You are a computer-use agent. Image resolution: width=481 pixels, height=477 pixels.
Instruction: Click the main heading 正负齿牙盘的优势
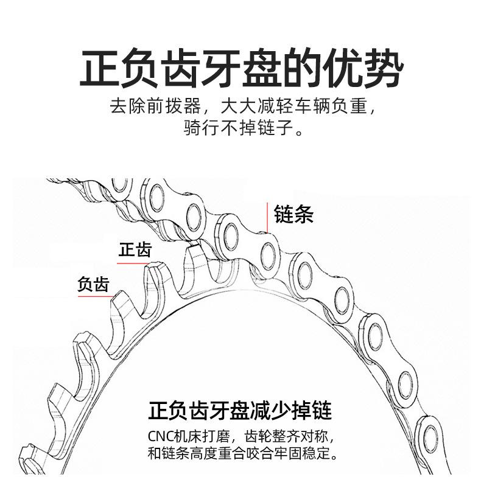click(241, 68)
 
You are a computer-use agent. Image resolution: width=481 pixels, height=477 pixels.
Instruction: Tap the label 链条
click(293, 214)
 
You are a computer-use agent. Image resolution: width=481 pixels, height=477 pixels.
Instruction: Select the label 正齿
click(135, 249)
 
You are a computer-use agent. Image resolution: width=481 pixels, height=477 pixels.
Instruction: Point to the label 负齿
click(93, 284)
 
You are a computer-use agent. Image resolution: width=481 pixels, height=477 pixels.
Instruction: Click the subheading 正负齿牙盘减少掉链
click(240, 410)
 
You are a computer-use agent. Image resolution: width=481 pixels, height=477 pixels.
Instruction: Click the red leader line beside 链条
click(267, 218)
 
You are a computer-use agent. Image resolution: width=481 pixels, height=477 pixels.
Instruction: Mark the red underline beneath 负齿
click(96, 296)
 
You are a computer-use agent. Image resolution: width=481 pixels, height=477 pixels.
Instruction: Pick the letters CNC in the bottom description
click(161, 436)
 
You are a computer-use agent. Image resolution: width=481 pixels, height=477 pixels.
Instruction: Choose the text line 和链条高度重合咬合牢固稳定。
click(242, 453)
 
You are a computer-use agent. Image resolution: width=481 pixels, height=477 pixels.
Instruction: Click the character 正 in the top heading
click(99, 68)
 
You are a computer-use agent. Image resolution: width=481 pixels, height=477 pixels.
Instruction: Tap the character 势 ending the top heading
click(384, 68)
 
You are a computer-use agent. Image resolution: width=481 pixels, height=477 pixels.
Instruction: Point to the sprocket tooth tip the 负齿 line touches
click(119, 296)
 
